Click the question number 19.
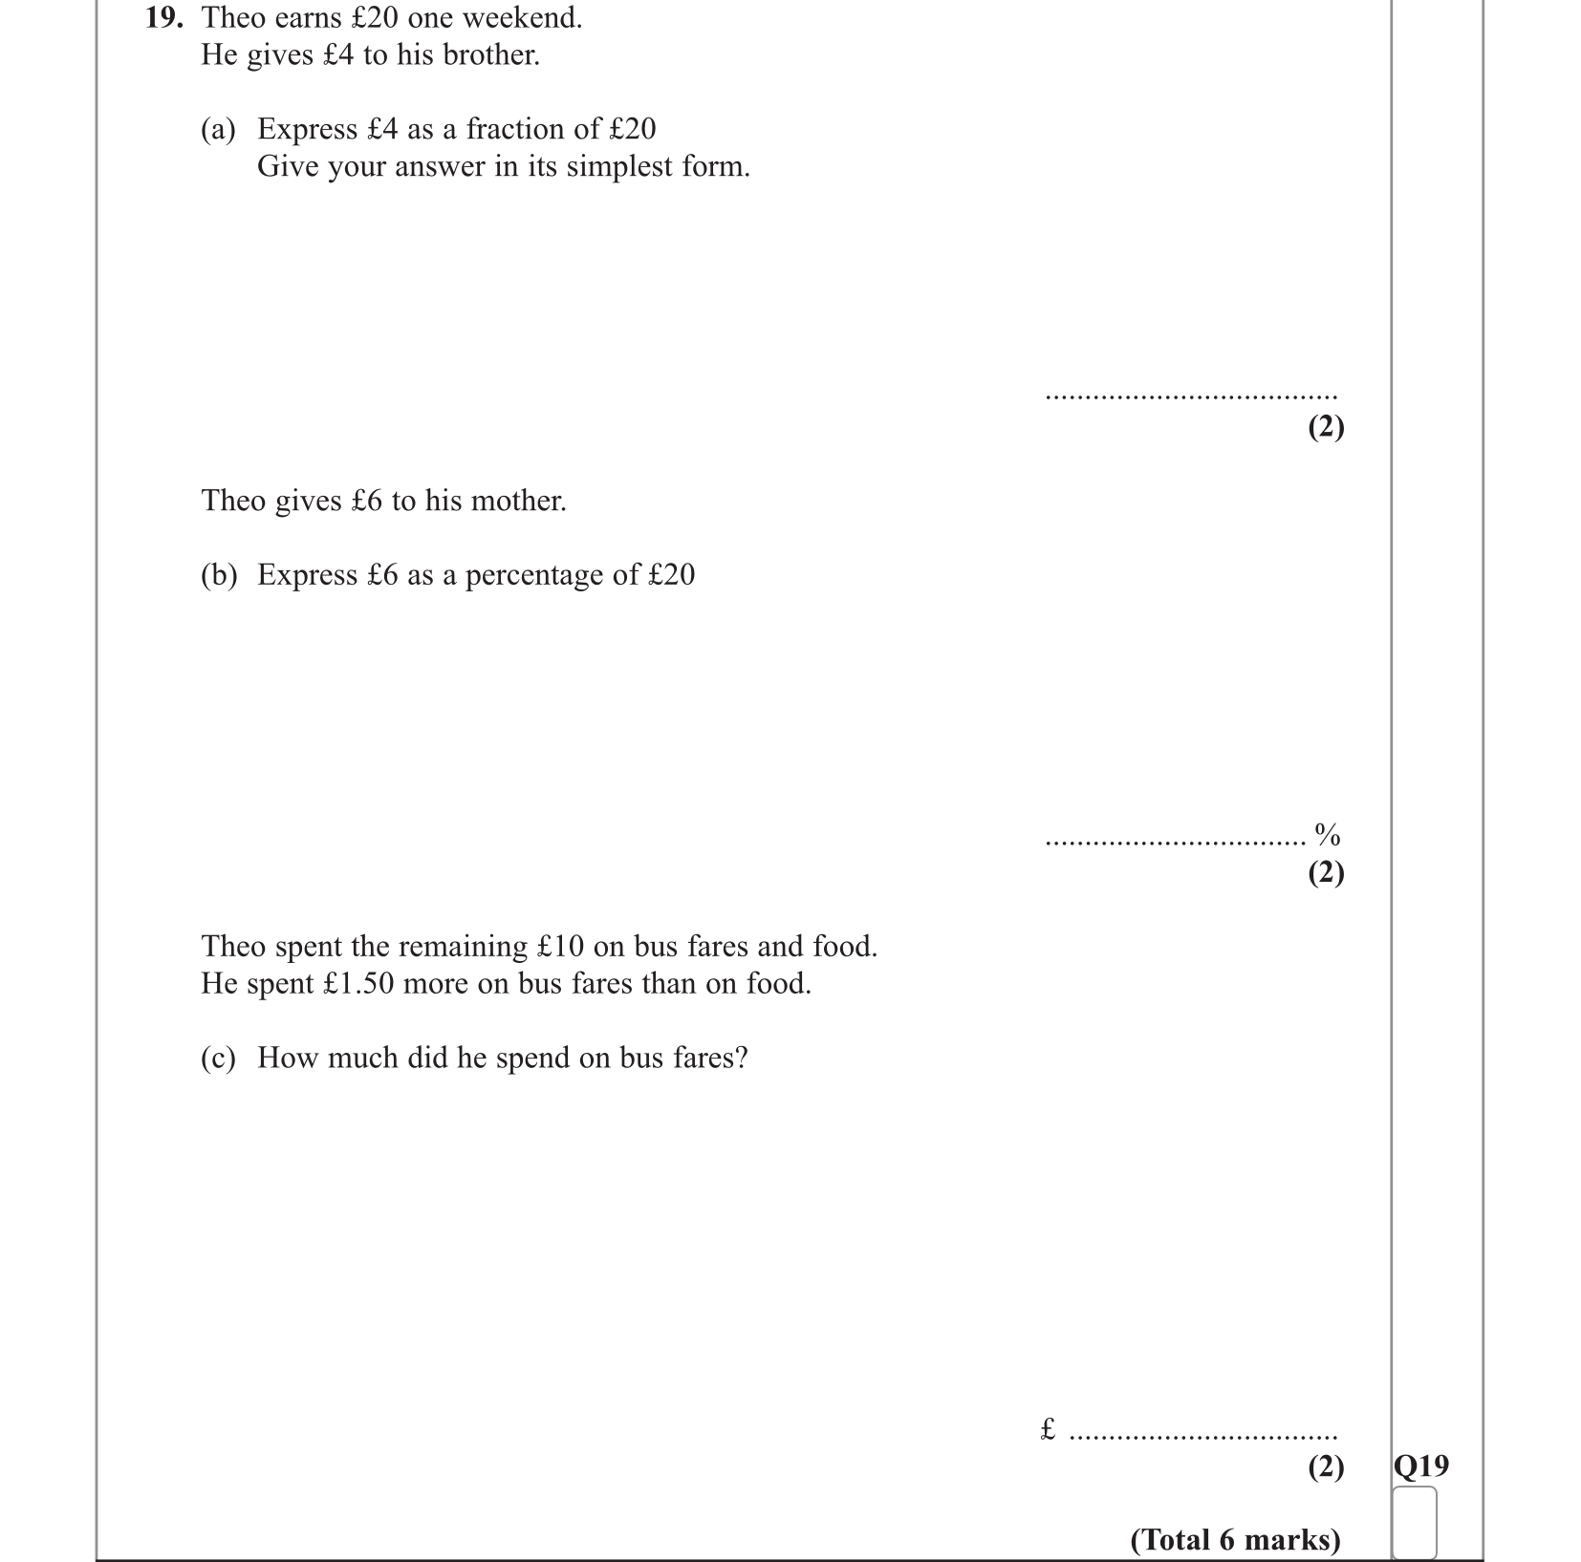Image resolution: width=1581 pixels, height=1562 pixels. coord(162,18)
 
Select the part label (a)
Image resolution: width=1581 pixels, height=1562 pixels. coord(218,130)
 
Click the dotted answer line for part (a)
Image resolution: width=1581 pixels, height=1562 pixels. coord(1191,396)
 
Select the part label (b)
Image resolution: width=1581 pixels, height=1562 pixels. coord(219,575)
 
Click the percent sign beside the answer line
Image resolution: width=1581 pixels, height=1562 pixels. coord(1328,835)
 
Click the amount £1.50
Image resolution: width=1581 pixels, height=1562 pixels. coord(358,984)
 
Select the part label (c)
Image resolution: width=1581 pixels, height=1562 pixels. coord(218,1059)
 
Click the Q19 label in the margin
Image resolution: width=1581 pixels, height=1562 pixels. coord(1421,1466)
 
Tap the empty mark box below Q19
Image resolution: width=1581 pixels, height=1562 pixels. coord(1415,1523)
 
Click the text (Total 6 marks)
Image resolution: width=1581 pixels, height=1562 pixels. coord(1235,1540)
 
